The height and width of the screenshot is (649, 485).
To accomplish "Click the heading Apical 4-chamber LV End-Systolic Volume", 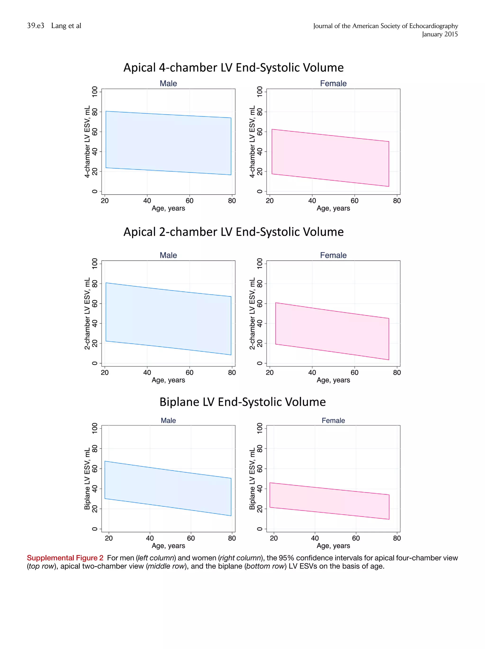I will click(233, 67).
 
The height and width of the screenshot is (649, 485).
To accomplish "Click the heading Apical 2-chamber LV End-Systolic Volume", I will click(233, 232).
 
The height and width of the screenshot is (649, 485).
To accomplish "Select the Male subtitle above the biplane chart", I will click(168, 421).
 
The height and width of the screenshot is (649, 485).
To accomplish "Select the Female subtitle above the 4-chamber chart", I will click(333, 84).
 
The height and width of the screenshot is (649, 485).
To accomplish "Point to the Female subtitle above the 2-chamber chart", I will click(333, 255).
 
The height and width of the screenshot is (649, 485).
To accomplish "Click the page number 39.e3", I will click(36, 26).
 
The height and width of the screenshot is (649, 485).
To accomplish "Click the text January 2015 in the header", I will click(440, 34).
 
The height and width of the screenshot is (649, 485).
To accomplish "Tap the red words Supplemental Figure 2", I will click(65, 558).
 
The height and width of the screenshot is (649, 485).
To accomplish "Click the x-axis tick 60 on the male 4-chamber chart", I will click(189, 201).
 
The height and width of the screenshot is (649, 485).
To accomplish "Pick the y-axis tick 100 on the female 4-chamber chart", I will click(260, 92).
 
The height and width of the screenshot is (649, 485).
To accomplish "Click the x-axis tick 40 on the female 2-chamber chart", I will click(312, 373).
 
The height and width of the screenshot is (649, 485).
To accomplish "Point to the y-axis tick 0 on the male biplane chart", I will click(95, 529).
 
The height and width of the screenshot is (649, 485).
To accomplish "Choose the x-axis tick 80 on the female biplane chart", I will click(397, 538).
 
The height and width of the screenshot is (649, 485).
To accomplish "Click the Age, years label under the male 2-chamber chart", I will click(168, 380).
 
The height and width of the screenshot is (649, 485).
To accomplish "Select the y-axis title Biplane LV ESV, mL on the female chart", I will click(252, 479).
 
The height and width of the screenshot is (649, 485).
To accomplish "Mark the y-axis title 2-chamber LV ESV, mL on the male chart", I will click(87, 313).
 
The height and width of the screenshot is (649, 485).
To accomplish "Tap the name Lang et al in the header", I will click(66, 26).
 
